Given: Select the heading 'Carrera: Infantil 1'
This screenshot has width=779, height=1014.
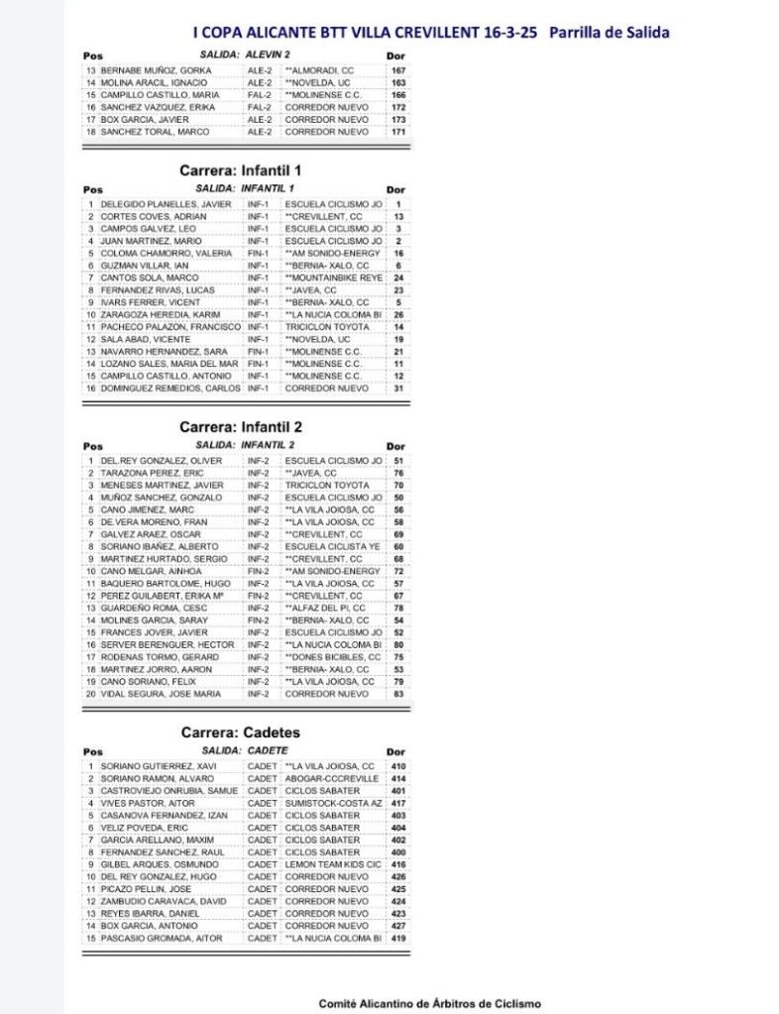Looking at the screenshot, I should (241, 170).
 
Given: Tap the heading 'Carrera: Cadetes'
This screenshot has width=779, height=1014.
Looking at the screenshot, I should (241, 732).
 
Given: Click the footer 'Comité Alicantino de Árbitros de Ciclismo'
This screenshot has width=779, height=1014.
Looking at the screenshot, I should (430, 1003).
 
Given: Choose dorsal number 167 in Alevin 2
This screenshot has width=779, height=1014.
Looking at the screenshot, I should (398, 71).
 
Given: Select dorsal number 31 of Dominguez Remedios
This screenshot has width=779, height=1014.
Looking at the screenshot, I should (398, 389).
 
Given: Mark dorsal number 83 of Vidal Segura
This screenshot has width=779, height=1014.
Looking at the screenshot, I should (398, 694).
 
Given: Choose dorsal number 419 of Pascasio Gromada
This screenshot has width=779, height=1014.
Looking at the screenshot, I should (398, 938).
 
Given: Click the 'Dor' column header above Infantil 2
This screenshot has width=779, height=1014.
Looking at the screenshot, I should (395, 447).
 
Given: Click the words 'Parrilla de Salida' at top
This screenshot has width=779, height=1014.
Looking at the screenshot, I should (608, 33).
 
